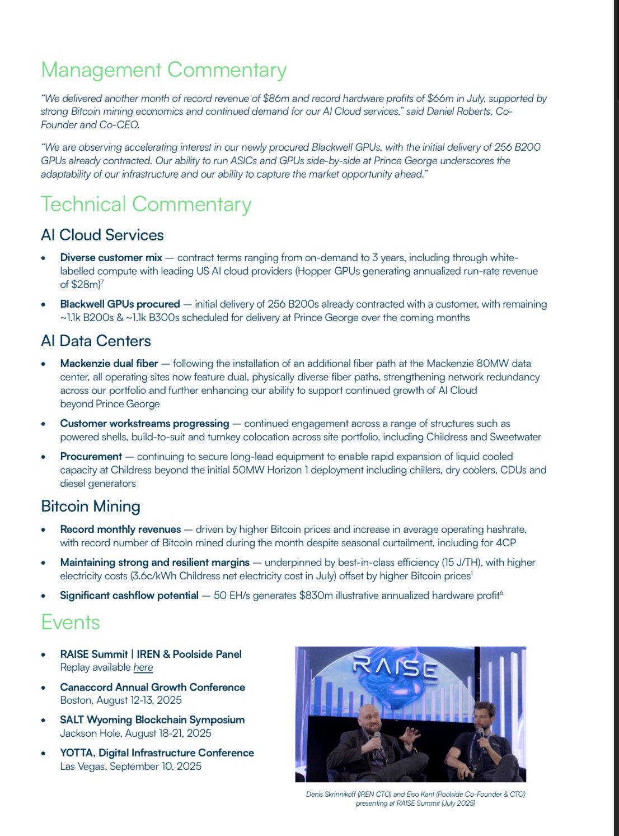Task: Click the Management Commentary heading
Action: coord(163,70)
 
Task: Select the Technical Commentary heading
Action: coord(146,205)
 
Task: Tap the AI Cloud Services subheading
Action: coord(102,235)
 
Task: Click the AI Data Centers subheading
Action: coord(96,341)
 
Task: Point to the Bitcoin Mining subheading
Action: coord(91,506)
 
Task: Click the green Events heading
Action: coord(71,623)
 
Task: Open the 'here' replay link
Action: coord(143,667)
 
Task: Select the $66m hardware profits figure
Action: coord(440,99)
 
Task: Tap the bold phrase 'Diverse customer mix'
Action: coord(111,258)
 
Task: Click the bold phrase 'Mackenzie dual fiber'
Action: coord(109,364)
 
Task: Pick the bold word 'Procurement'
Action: coord(91,457)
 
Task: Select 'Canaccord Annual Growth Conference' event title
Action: coord(152,687)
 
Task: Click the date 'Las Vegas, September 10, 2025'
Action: coord(130,767)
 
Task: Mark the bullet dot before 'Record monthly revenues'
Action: coord(44,530)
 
